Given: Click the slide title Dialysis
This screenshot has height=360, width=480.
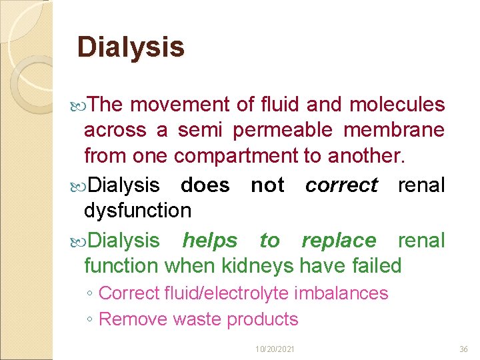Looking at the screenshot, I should [x=131, y=47].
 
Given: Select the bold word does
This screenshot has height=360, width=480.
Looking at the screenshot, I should [x=205, y=185].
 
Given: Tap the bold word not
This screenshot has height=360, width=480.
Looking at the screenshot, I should [x=267, y=185].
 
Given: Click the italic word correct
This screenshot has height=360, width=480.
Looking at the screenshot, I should [x=341, y=185].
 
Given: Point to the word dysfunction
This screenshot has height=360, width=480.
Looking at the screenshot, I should [x=137, y=211].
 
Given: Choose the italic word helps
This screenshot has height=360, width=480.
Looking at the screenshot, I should [x=209, y=240].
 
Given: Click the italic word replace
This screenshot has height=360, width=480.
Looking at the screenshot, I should [x=339, y=240].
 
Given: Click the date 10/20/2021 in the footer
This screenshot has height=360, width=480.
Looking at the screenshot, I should [x=275, y=349].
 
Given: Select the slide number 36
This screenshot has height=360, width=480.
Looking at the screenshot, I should [x=463, y=349].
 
